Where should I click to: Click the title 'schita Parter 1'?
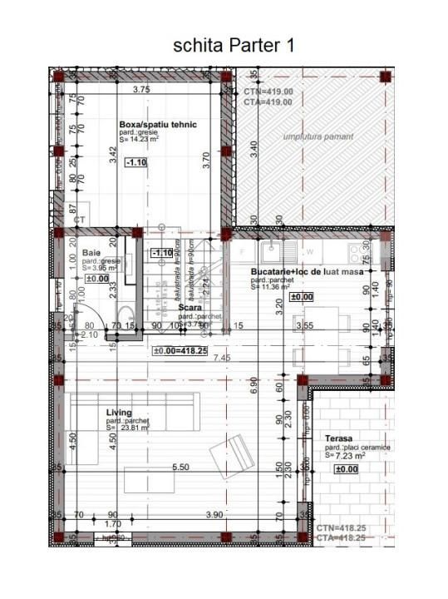coord(234,45)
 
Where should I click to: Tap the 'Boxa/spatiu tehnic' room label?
coord(158,124)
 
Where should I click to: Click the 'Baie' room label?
coord(91,251)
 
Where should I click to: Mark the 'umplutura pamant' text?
coord(318,136)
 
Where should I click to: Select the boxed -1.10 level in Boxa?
coord(135,163)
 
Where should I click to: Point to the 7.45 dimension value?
coord(221,358)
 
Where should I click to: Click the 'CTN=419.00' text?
coord(268,92)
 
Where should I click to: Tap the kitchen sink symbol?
coord(271,249)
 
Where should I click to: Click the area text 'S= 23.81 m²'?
coord(127,430)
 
